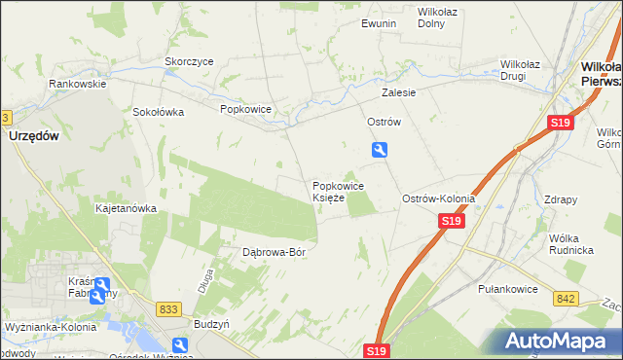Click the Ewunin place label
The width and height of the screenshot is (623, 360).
[x=379, y=22]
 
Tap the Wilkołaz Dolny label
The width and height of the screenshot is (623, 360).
[x=438, y=18]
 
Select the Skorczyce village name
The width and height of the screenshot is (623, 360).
[x=189, y=60]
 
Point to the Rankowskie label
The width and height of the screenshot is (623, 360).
[x=78, y=84]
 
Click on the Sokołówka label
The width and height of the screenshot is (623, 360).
[x=159, y=111]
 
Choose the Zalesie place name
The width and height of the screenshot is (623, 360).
[x=399, y=92]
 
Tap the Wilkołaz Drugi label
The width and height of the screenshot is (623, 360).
[x=527, y=69]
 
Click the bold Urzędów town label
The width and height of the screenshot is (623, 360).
[x=34, y=137]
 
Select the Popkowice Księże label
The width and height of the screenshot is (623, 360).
[x=338, y=192]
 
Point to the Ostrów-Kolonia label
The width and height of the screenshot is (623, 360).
[x=439, y=198]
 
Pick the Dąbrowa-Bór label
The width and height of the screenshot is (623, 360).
[x=275, y=252]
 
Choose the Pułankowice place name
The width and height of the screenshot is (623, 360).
[x=502, y=289]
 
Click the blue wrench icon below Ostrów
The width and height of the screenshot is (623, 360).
[x=380, y=149]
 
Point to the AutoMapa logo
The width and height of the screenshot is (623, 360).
[x=562, y=341]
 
